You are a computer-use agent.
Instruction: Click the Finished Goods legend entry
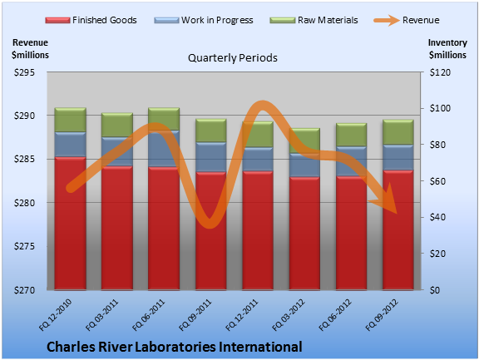click(91, 20)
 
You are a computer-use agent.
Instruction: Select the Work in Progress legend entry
click(204, 20)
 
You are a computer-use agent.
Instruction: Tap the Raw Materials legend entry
click(314, 20)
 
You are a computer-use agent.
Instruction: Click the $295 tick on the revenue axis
click(24, 72)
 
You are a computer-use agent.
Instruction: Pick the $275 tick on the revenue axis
click(24, 246)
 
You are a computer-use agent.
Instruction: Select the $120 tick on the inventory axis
click(440, 72)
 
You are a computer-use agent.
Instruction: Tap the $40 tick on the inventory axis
click(437, 217)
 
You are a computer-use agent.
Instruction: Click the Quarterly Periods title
click(233, 58)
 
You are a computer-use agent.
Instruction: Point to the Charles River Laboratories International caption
click(175, 347)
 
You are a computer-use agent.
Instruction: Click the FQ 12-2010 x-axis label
click(55, 315)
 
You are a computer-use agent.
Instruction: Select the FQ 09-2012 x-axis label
click(382, 315)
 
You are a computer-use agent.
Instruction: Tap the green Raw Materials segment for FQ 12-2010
click(70, 120)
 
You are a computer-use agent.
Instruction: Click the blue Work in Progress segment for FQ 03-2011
click(117, 151)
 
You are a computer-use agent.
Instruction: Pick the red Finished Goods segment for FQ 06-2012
click(351, 233)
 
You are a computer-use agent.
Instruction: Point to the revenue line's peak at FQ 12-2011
click(262, 105)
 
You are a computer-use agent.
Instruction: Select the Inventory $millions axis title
click(447, 49)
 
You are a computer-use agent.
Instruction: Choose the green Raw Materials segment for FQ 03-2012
click(304, 141)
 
